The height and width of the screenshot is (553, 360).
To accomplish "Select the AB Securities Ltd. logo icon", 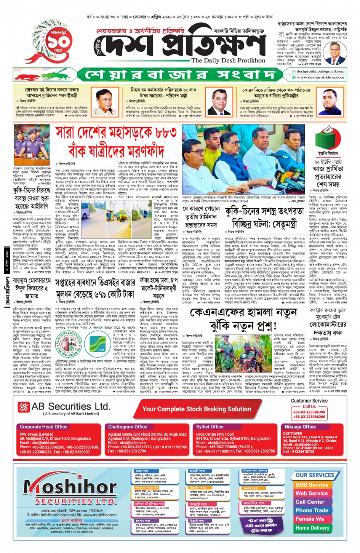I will (x=24, y=407).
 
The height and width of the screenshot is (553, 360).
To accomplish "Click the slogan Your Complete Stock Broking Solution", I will (x=197, y=409).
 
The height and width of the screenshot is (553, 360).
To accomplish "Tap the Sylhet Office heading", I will (x=210, y=427).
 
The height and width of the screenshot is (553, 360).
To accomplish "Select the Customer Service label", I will (x=309, y=401).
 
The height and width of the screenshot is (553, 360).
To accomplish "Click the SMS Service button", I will (x=312, y=485).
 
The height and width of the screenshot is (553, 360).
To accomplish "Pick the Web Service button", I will (x=312, y=493).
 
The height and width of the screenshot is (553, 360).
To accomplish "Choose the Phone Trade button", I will (x=312, y=510).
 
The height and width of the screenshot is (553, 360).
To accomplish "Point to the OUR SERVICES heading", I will (x=315, y=475).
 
